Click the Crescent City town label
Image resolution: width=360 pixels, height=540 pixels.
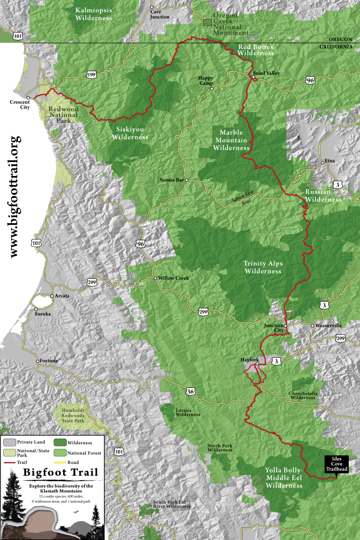click(x=19, y=105)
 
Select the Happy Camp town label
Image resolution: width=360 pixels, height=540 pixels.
click(x=206, y=80)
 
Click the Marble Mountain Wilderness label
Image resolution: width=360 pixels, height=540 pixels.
click(x=231, y=140)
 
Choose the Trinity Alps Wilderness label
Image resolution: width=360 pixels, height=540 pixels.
click(x=263, y=267)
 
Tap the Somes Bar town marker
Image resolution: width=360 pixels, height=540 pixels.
click(x=186, y=180)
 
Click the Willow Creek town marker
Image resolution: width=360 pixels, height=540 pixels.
click(x=155, y=278)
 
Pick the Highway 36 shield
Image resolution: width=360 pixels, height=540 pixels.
click(x=191, y=392)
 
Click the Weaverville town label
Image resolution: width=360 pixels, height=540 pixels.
click(x=329, y=325)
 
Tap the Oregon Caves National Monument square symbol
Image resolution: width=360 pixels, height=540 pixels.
click(x=207, y=22)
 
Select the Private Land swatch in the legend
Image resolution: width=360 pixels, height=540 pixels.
click(x=10, y=443)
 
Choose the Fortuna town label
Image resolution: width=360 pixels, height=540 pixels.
click(x=49, y=361)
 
